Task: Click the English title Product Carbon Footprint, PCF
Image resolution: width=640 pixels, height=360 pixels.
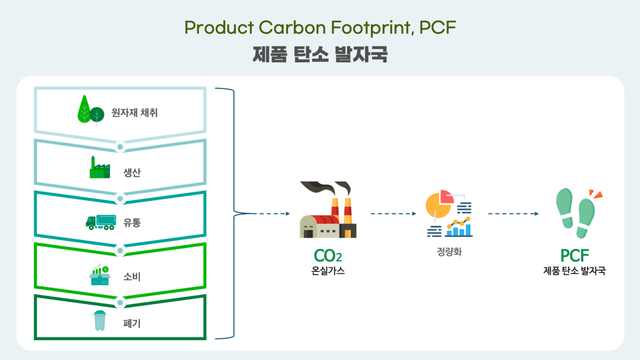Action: click(x=320, y=28)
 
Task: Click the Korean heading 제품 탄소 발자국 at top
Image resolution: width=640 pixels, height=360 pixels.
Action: click(x=320, y=54)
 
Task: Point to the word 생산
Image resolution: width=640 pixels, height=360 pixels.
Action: click(x=131, y=173)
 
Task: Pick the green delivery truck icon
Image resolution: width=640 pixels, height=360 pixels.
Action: click(x=100, y=222)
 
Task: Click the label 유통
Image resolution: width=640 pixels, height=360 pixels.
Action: click(x=132, y=223)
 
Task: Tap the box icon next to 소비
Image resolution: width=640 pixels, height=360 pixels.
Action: click(x=99, y=276)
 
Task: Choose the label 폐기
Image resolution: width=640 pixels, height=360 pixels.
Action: click(x=132, y=323)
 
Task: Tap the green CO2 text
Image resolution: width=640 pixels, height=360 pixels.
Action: click(x=327, y=257)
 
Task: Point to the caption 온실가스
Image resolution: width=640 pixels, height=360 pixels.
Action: click(x=327, y=271)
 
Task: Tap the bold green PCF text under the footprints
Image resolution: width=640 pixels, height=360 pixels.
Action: click(x=574, y=257)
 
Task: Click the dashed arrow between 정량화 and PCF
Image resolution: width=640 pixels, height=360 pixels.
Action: click(x=513, y=214)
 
